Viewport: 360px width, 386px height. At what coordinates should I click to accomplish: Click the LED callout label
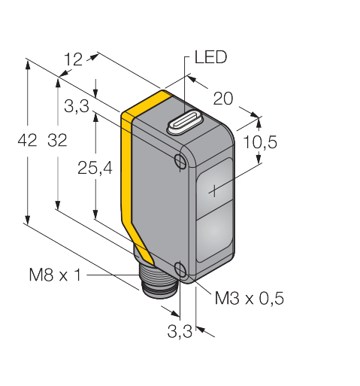[210, 57]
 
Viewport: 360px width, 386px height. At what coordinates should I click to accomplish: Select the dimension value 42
[27, 140]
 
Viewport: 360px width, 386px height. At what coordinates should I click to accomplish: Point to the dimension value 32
[58, 140]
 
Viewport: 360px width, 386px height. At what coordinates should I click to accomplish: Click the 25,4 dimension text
[95, 168]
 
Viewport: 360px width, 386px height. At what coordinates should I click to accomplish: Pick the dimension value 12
[73, 59]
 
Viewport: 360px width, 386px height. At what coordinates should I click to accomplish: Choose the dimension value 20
[223, 99]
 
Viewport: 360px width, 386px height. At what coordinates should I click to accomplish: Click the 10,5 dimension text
[260, 142]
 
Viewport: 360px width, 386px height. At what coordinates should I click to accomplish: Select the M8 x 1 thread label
[56, 275]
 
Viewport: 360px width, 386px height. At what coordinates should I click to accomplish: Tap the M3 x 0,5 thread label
[250, 298]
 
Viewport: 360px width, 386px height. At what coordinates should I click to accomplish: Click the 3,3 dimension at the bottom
[180, 331]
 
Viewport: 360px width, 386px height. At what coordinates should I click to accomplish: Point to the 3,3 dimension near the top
[77, 105]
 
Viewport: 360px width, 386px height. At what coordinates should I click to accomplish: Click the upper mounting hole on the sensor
[180, 160]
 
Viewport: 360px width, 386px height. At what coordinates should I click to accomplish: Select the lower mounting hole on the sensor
[180, 269]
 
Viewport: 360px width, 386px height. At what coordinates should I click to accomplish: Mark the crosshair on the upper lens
[214, 191]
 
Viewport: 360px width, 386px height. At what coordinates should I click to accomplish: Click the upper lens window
[214, 187]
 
